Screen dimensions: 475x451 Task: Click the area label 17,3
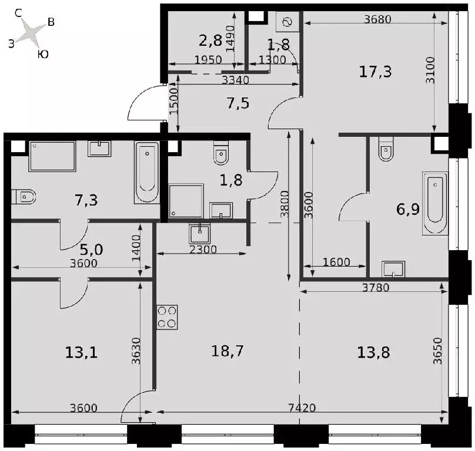375,72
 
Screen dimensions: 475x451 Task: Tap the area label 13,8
373,352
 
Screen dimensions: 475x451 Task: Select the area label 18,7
227,351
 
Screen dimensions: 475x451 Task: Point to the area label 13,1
81,352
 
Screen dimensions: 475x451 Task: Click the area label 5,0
92,250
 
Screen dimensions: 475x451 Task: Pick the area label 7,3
86,200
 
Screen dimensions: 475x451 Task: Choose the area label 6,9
408,209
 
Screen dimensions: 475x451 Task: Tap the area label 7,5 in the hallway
238,103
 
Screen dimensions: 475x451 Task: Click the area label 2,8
210,41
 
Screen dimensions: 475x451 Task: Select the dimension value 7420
302,408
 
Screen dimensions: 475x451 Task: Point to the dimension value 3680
378,19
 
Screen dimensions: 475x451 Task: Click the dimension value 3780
376,287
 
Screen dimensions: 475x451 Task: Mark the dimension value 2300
203,250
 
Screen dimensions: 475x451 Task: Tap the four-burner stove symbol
167,317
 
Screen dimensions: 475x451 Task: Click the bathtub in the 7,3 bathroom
147,173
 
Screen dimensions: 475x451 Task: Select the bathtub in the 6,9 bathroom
435,203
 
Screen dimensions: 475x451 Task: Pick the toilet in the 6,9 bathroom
386,149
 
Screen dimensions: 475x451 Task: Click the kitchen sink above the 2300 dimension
200,233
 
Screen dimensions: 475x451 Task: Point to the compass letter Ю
44,54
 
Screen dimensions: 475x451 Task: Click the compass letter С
18,13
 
